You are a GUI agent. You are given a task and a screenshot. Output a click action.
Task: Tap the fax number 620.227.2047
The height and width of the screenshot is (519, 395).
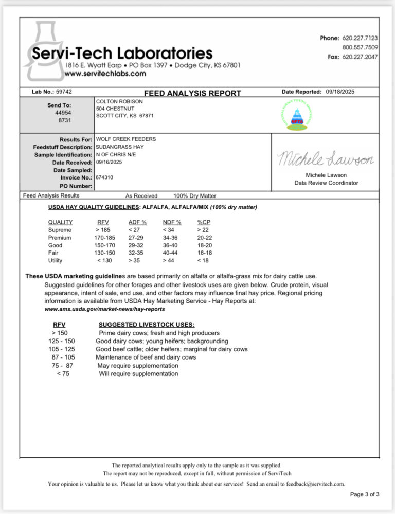pos(360,57)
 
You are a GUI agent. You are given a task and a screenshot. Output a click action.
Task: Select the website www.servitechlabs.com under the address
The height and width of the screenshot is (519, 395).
pos(105,74)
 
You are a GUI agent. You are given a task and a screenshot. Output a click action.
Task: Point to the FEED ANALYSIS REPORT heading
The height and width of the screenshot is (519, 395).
pos(192,93)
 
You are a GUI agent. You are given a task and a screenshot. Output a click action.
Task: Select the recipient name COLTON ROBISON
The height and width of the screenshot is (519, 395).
pos(119,102)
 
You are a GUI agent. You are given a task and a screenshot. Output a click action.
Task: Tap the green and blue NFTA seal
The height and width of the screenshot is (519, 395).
pos(296,116)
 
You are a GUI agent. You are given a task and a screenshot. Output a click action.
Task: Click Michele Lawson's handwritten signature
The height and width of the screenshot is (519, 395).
pos(325,159)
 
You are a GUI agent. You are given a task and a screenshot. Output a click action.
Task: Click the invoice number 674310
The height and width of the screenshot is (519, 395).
pos(104,177)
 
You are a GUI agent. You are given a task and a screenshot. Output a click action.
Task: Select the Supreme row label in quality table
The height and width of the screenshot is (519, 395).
pos(60,230)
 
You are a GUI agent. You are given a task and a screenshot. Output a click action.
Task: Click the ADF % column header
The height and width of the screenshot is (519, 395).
pos(137,222)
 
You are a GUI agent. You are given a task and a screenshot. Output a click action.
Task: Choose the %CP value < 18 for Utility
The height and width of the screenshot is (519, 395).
pos(204,261)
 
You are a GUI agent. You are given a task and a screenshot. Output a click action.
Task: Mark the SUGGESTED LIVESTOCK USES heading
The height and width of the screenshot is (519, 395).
pos(147,325)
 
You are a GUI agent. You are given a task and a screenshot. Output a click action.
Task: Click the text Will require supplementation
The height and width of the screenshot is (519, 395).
pos(138,373)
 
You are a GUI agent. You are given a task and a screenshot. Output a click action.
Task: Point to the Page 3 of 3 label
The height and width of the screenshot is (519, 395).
pos(364,494)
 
